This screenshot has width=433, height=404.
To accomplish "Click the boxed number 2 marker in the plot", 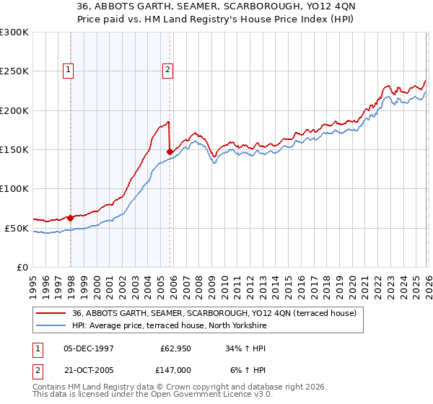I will [167, 70].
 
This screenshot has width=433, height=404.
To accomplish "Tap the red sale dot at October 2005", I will [170, 151].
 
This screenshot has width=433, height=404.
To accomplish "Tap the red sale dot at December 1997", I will [70, 217].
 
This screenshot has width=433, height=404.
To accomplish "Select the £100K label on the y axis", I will [14, 189].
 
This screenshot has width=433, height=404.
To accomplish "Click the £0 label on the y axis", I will [21, 267].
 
